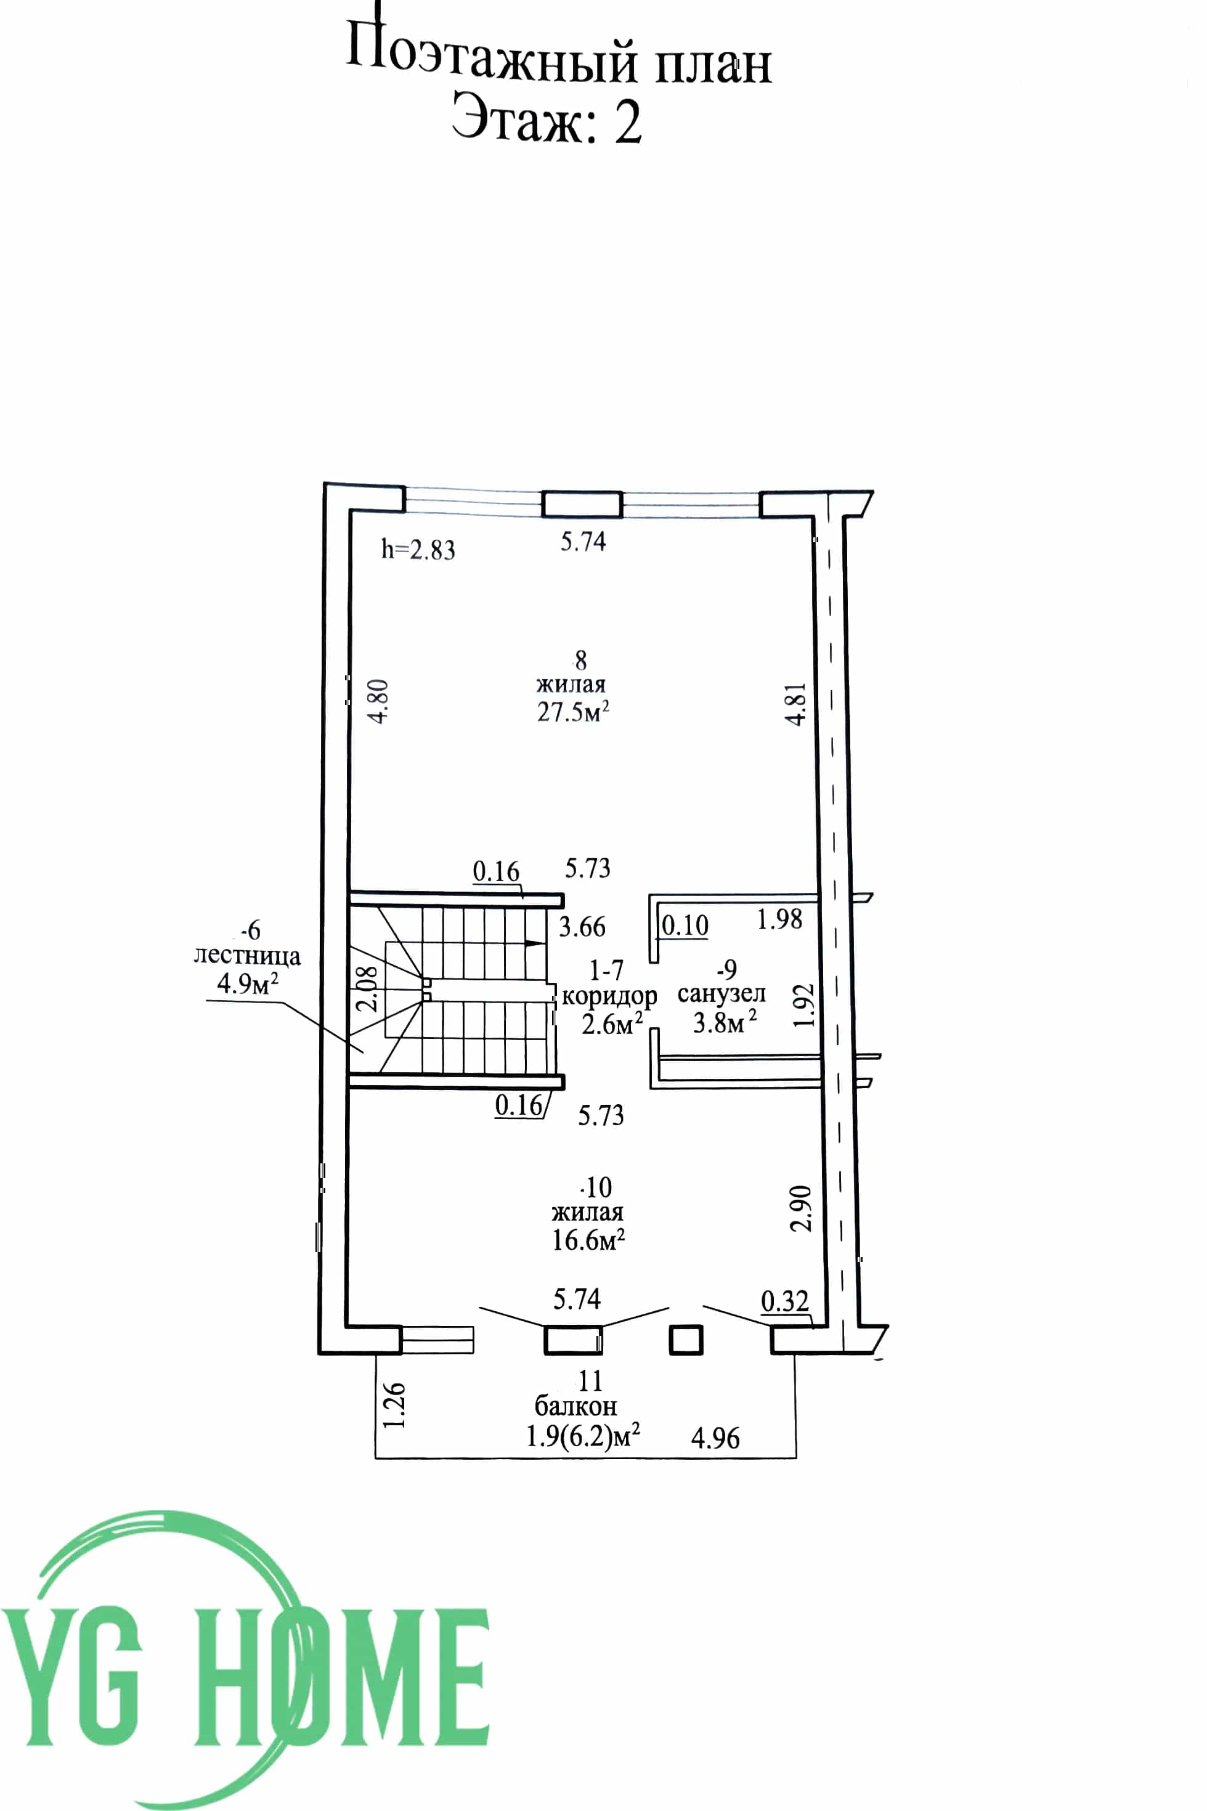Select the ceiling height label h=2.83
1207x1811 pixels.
pos(418,550)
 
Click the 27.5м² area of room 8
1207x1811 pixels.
pos(574,711)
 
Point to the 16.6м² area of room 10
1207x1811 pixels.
pos(588,1239)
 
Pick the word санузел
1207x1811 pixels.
pos(721,994)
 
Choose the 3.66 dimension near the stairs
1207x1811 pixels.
pos(582,927)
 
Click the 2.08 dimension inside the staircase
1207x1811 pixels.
pos(368,988)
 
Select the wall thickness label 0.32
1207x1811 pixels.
pos(784,1301)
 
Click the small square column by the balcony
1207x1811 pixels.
pos(686,1340)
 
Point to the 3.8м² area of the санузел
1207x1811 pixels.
pos(725,1022)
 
